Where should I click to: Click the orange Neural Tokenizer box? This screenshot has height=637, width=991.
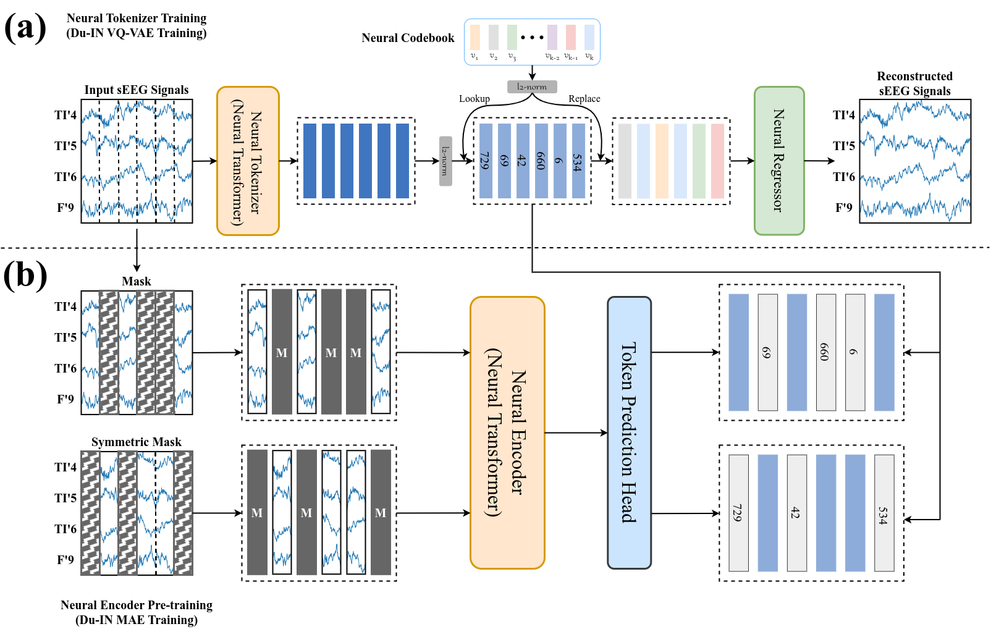point(248,161)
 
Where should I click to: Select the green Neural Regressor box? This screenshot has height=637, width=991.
point(779,161)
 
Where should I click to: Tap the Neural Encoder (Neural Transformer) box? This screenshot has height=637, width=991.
point(507,432)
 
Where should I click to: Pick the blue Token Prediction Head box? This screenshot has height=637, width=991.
point(629,432)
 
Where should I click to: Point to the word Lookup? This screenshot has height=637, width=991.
point(474,99)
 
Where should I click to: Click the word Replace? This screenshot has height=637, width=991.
point(584,99)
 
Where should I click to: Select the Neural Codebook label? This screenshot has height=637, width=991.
point(408,38)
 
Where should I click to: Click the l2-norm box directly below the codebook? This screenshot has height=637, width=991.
point(532,87)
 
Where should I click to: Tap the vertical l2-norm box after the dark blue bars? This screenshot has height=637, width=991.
point(445,161)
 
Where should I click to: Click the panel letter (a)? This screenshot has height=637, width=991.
point(25,28)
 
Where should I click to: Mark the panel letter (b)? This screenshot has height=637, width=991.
point(25,275)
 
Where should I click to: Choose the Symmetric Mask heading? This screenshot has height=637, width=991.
point(137,442)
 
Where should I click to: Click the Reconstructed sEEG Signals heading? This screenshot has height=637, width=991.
point(914,83)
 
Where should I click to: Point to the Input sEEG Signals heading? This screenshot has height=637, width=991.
point(137,90)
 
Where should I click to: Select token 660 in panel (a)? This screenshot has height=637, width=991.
point(541,161)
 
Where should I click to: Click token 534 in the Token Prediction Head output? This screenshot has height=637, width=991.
point(884,513)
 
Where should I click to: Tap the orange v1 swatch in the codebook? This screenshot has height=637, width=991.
point(474,37)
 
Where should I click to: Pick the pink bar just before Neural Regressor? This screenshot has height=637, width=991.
point(717,161)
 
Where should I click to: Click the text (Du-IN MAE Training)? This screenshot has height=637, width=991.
point(137,620)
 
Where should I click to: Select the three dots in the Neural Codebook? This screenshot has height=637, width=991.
point(532,37)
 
